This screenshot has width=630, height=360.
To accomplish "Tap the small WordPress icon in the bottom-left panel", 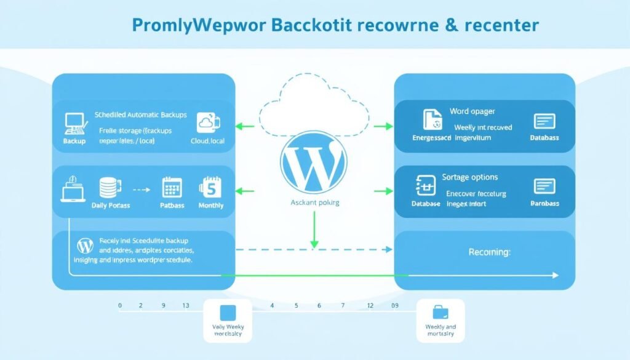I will click(x=83, y=246).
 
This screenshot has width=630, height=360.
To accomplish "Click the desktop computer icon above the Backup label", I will click(x=73, y=122).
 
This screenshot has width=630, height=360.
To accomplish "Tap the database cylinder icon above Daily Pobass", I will click(x=108, y=187).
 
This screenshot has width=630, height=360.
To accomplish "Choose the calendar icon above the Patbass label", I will click(x=171, y=187).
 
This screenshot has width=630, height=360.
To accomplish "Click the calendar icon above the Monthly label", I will click(x=209, y=186).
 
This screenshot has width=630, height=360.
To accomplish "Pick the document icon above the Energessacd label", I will click(x=431, y=121).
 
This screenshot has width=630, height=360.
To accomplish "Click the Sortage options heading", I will click(x=469, y=177).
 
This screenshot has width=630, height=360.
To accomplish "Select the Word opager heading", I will click(x=472, y=111).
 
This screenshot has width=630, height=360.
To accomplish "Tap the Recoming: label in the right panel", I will click(x=488, y=252).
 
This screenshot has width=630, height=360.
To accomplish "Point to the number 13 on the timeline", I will click(x=186, y=305).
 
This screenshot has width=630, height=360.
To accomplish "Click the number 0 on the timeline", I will click(x=120, y=305).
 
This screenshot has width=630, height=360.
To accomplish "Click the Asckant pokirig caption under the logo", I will click(x=314, y=202).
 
